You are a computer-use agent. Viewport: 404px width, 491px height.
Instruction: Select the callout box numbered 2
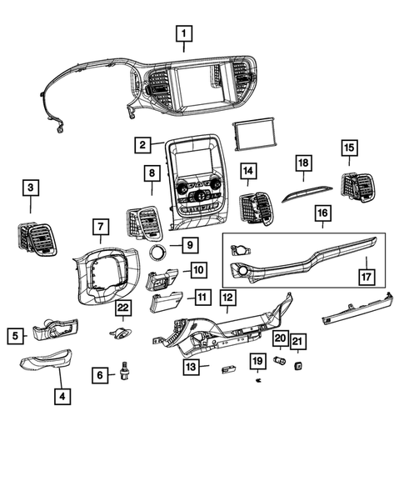[x=144, y=145]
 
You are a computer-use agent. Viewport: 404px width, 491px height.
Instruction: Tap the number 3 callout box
[x=30, y=188]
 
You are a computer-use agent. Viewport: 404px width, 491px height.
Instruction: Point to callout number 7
[x=98, y=227]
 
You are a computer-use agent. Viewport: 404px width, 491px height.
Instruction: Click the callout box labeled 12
[x=227, y=297]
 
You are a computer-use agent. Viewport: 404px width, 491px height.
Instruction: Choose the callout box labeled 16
[x=322, y=215]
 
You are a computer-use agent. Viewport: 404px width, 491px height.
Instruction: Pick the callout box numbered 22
[x=123, y=309]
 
